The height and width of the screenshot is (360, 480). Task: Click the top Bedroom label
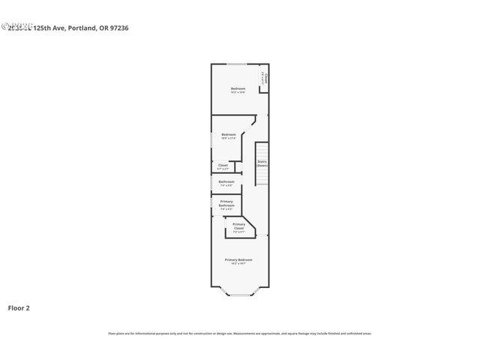tap(237, 88)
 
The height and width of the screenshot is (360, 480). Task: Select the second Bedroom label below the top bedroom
tap(228, 134)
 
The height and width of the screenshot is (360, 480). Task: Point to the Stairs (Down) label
tap(262, 162)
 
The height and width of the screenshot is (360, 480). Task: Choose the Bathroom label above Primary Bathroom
tap(226, 181)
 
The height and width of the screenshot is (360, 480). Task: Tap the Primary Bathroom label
tap(226, 203)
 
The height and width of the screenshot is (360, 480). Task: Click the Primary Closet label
tap(238, 226)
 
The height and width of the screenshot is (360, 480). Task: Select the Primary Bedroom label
tap(238, 259)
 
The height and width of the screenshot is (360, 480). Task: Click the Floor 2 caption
tap(19, 307)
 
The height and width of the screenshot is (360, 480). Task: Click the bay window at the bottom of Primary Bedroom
tap(239, 294)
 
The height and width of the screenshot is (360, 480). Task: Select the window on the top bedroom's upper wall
tap(237, 64)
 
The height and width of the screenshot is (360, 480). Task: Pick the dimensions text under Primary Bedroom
tap(238, 264)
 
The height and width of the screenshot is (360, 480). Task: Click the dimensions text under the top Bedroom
tap(237, 93)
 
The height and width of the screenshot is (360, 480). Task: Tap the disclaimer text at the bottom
tap(239, 333)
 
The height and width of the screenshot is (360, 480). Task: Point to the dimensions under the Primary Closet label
tap(238, 232)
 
